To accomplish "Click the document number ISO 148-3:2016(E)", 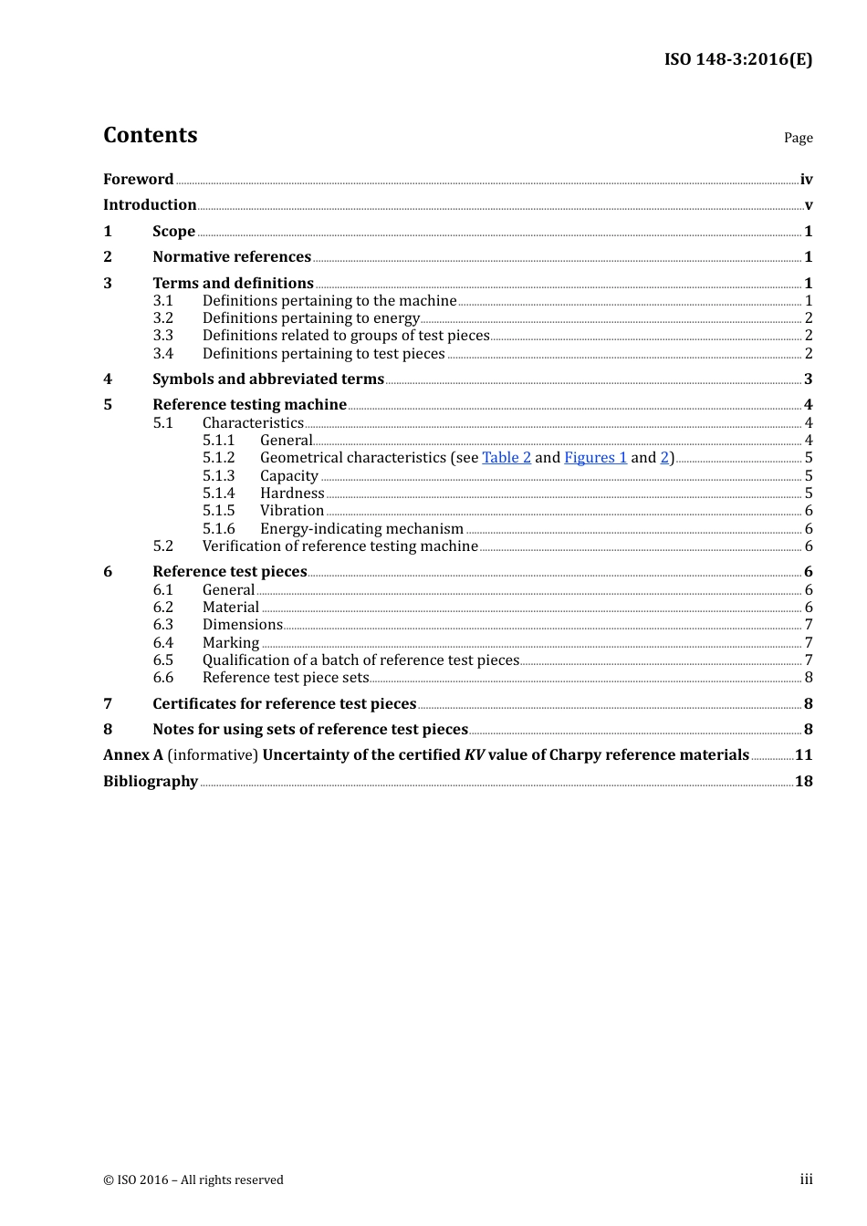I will tap(737, 60).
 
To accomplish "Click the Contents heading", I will tap(150, 135).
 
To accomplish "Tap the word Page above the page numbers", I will tap(798, 138).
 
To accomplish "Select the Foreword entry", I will tap(138, 180).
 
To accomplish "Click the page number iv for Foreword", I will tap(806, 180).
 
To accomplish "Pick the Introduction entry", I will tap(150, 205).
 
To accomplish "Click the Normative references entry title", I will tap(232, 257).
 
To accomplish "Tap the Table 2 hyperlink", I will tap(507, 458).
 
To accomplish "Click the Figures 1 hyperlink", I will tap(595, 458).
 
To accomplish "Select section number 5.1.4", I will tap(218, 494).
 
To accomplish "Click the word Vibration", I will tap(292, 511).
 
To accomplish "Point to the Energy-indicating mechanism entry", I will tap(361, 529).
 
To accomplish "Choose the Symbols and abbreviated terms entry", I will tap(268, 379).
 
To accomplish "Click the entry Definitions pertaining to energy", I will tap(310, 318).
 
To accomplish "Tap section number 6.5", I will tap(162, 660).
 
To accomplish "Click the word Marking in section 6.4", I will tap(231, 643).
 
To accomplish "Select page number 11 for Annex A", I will tap(803, 755).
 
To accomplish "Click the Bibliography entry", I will tap(151, 782).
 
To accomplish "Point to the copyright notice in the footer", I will tap(193, 1180).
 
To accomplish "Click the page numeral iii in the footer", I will tap(806, 1179).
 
